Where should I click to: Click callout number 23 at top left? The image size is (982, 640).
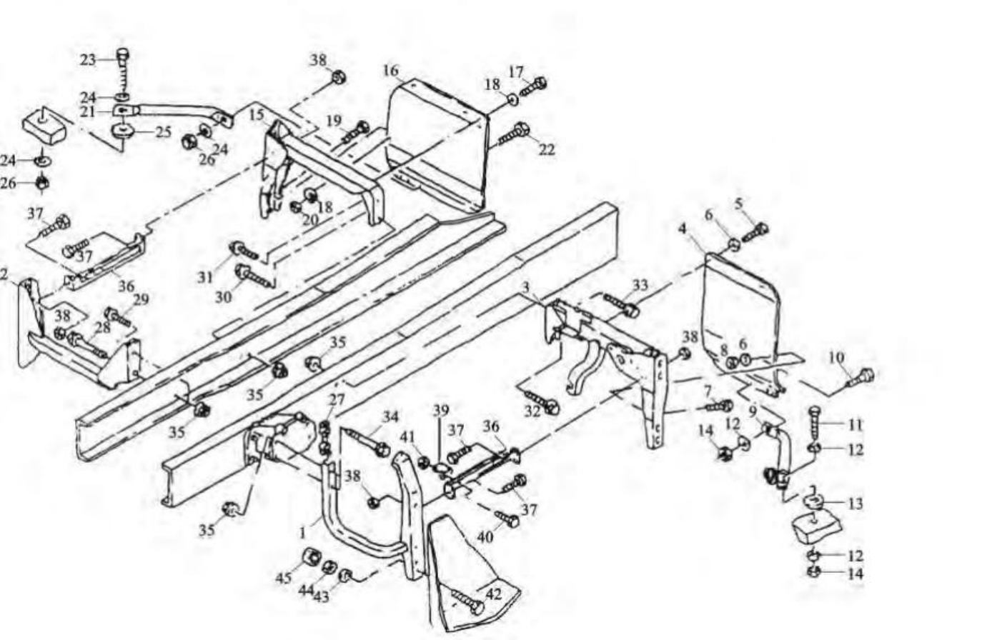click(x=87, y=59)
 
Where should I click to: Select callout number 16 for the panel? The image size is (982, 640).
click(x=390, y=70)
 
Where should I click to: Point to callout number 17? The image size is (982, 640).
click(x=516, y=71)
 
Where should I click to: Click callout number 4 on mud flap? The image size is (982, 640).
click(x=683, y=229)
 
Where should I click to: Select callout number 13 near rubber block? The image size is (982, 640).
click(x=855, y=504)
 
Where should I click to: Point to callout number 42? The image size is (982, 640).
click(x=494, y=594)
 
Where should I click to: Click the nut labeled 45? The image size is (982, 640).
click(x=311, y=556)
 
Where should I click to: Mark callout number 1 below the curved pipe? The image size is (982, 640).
click(x=303, y=531)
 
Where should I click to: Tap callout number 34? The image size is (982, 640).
click(x=390, y=416)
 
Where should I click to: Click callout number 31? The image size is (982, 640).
click(x=207, y=276)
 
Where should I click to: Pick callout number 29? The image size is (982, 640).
click(x=141, y=299)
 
